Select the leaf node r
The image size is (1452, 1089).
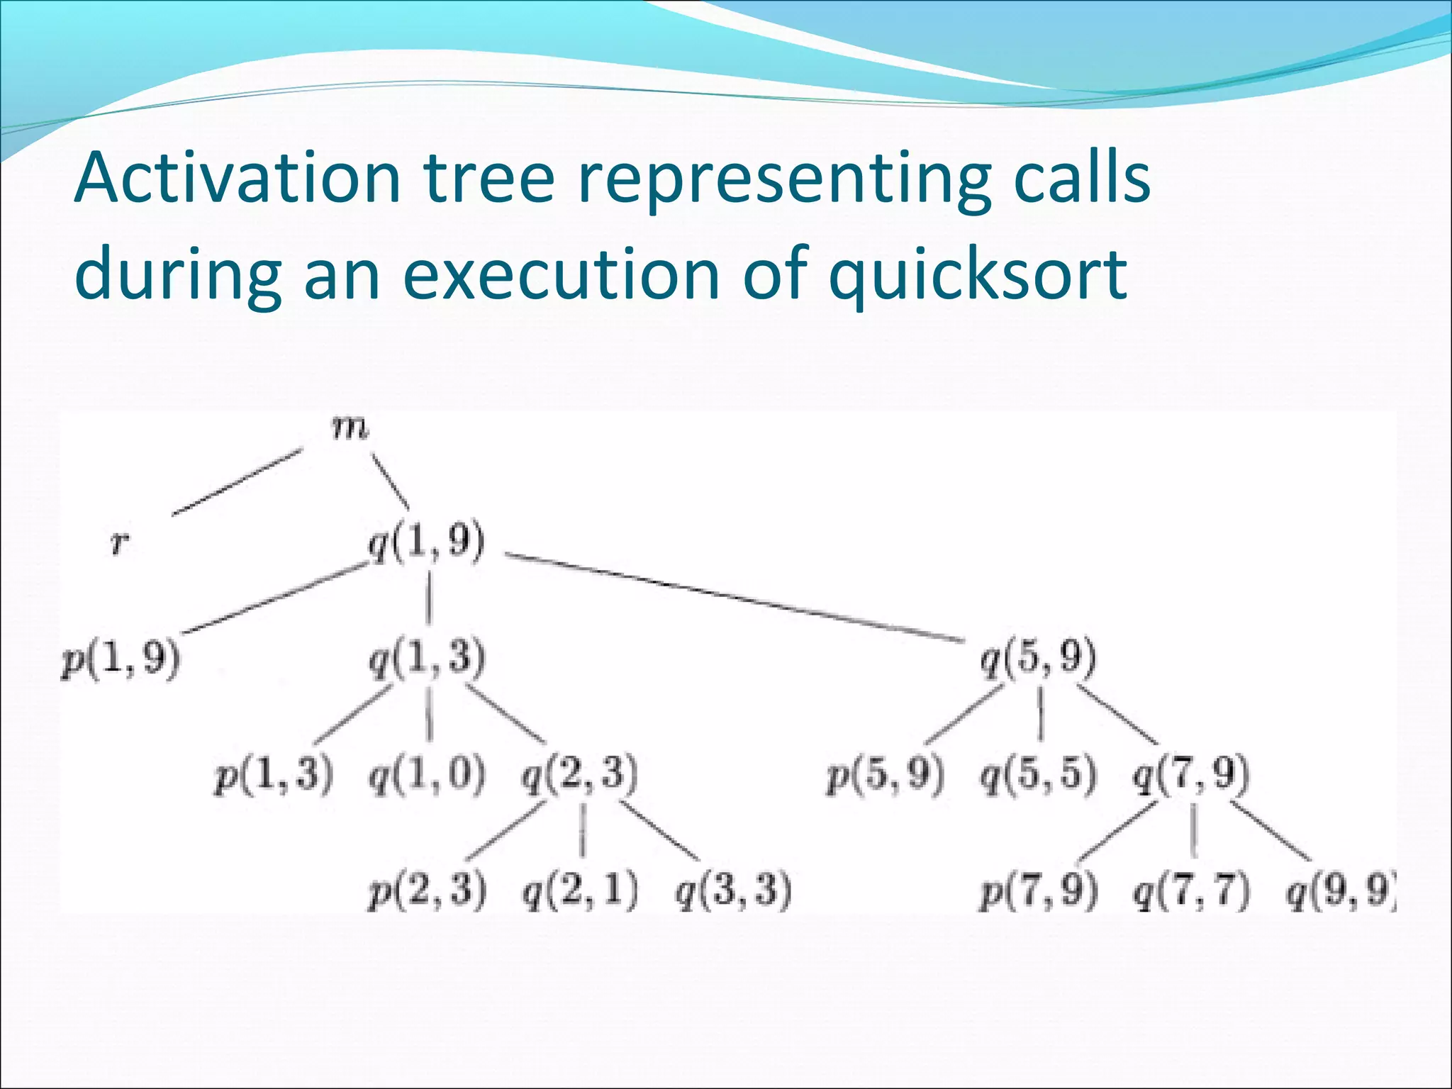(121, 543)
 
